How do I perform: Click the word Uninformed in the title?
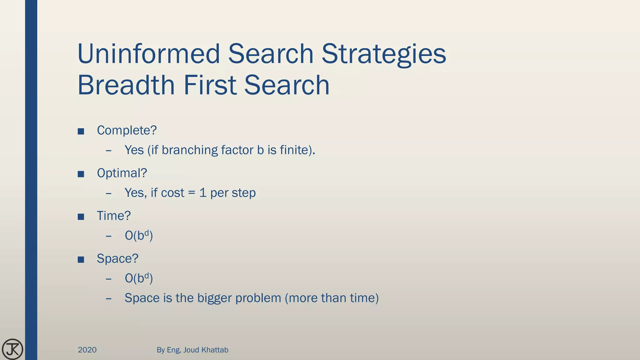(x=149, y=54)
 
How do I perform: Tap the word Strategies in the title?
(x=384, y=54)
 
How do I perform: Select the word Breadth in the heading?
(x=126, y=85)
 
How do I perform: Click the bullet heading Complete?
(x=127, y=130)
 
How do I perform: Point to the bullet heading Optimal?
(x=122, y=173)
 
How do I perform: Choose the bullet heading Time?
(x=114, y=216)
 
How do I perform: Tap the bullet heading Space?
(x=117, y=259)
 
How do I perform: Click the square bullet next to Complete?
(x=81, y=131)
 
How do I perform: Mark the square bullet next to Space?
(x=81, y=260)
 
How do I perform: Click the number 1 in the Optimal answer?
(x=203, y=193)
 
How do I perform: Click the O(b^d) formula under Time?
(x=139, y=236)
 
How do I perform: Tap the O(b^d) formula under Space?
(x=139, y=278)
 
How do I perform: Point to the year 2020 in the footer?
(x=87, y=350)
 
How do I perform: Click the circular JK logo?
(x=12, y=349)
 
